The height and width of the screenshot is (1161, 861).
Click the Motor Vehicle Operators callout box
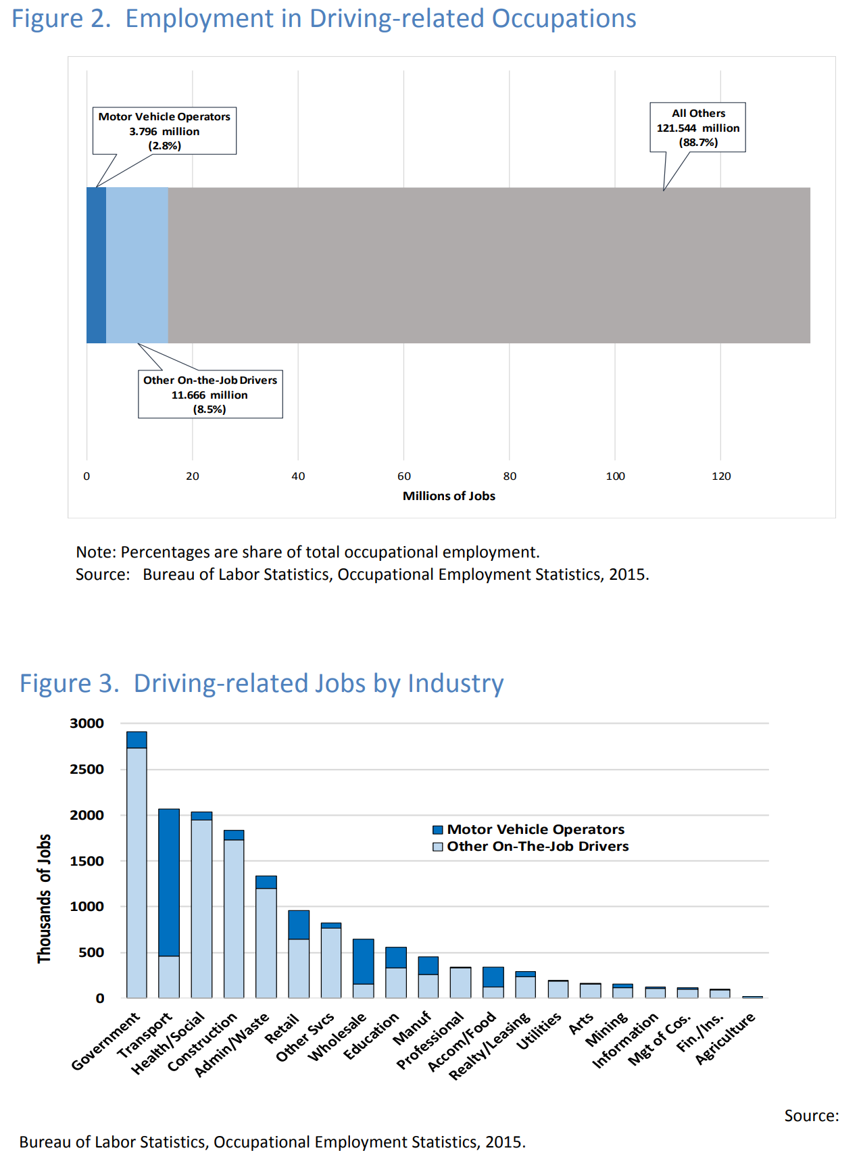[164, 130]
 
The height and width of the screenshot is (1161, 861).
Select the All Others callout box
[697, 127]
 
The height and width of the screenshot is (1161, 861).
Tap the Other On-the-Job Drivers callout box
[210, 394]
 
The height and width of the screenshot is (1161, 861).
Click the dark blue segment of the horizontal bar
[96, 265]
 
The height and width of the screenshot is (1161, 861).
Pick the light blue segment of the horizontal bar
[137, 265]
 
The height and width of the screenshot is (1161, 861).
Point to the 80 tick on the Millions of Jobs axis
[510, 476]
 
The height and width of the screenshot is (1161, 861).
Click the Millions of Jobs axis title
[449, 496]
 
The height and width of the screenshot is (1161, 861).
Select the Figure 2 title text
[324, 19]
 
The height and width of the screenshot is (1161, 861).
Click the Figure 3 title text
[261, 683]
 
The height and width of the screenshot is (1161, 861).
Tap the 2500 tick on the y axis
[87, 769]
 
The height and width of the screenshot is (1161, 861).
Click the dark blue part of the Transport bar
[169, 882]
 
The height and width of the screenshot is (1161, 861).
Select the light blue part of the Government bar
[137, 872]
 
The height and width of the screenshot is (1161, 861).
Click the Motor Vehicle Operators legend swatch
[438, 830]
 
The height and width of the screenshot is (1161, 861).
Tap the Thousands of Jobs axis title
[44, 898]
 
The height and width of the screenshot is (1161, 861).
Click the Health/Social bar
[201, 906]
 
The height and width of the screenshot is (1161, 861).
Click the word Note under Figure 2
[95, 552]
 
